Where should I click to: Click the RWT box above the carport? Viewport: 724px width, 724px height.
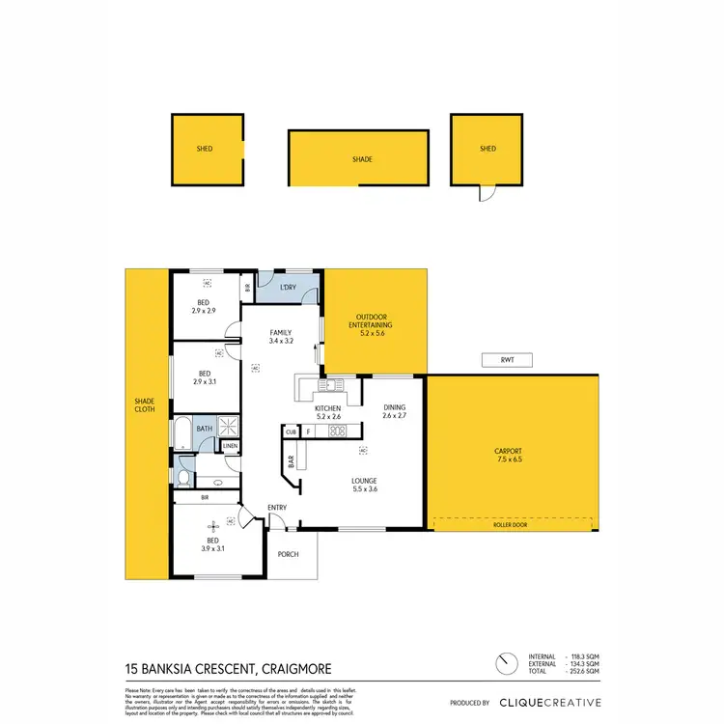pos(506,361)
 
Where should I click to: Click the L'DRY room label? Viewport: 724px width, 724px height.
pos(287,289)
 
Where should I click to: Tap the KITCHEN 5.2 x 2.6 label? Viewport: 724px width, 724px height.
pos(328,412)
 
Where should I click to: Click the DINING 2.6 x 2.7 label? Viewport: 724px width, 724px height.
pos(395,411)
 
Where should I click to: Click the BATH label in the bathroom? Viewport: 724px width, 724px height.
pos(205,429)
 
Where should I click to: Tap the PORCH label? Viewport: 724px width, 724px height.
pos(288,554)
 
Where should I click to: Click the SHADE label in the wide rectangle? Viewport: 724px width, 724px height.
pos(362,159)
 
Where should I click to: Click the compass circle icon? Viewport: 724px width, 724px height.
pos(505,665)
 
